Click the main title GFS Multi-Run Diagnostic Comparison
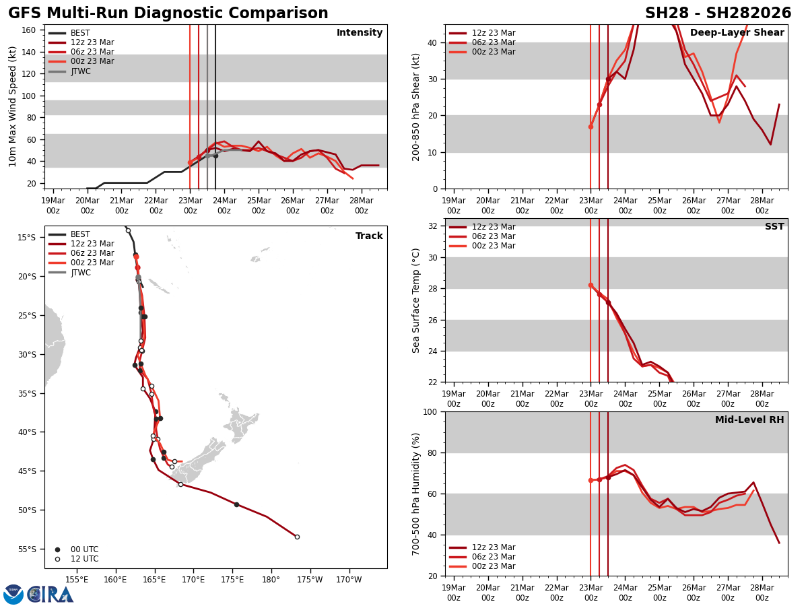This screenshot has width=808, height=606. pyautogui.click(x=168, y=13)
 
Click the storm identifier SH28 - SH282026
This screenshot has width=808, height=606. pyautogui.click(x=718, y=13)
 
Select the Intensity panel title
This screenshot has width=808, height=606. pyautogui.click(x=360, y=33)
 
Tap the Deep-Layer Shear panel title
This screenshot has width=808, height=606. pyautogui.click(x=737, y=33)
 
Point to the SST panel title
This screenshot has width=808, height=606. pyautogui.click(x=774, y=227)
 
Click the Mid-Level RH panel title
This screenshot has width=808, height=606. pyautogui.click(x=749, y=420)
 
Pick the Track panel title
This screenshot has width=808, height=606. pyautogui.click(x=369, y=236)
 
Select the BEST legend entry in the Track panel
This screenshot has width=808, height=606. pyautogui.click(x=80, y=234)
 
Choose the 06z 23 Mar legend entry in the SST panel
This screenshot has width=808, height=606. pyautogui.click(x=494, y=236)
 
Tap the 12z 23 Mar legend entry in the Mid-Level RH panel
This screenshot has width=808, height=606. pyautogui.click(x=494, y=547)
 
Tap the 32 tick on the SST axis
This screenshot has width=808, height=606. pyautogui.click(x=434, y=226)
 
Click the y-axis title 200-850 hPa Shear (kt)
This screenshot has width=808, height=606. pyautogui.click(x=417, y=106)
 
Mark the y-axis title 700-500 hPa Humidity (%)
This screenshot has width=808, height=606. pyautogui.click(x=417, y=494)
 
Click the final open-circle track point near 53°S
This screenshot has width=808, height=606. pyautogui.click(x=297, y=537)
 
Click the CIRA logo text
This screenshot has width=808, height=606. pyautogui.click(x=50, y=594)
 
